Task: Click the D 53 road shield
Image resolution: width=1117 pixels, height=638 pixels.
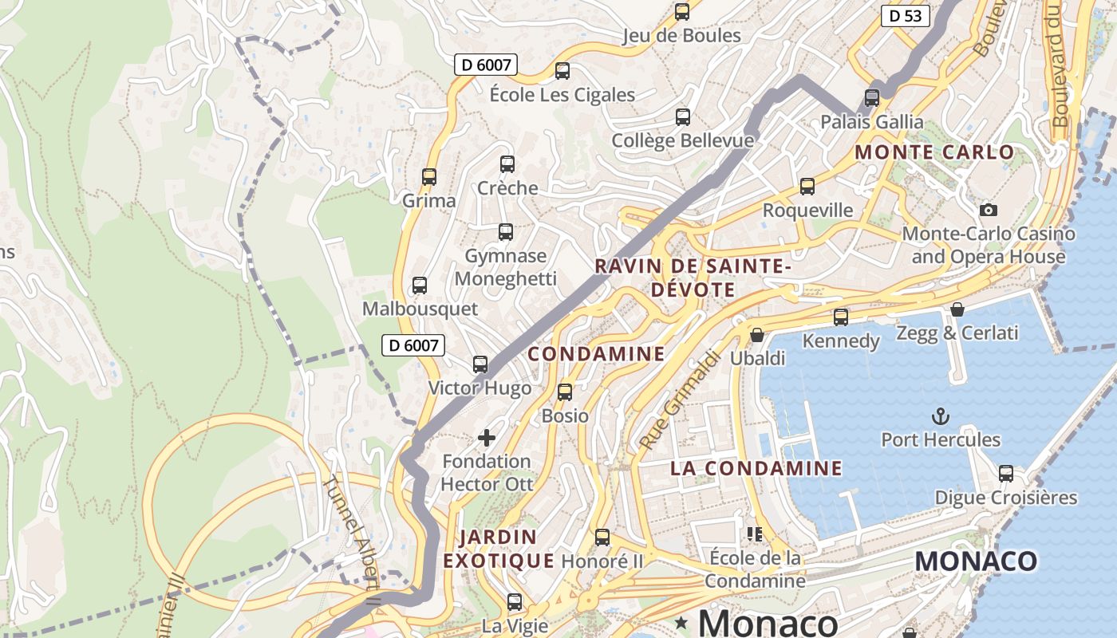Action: point(906,15)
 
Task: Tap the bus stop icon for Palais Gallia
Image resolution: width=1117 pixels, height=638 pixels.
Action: point(872,98)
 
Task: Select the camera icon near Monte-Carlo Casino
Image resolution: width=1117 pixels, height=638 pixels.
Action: point(989,210)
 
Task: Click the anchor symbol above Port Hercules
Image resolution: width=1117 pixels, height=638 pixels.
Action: point(941,415)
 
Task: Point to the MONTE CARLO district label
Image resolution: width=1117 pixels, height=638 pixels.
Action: point(934,152)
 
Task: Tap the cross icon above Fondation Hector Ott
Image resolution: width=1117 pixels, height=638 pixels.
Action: point(487,437)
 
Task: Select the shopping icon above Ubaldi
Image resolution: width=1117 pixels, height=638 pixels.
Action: point(757,335)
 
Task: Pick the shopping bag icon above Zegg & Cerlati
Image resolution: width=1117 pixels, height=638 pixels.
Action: point(957,309)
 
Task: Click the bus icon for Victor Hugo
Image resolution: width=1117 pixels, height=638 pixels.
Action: point(480,364)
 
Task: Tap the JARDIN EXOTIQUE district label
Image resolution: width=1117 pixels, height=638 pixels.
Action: point(499,549)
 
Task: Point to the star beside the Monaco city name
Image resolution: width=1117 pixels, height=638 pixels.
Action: point(681,621)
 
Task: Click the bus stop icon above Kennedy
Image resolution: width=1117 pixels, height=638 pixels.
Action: point(841,317)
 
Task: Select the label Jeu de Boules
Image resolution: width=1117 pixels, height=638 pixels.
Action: point(682,36)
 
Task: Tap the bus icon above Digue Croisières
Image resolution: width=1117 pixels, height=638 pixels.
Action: point(1006,474)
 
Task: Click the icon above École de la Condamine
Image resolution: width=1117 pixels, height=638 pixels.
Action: point(754,534)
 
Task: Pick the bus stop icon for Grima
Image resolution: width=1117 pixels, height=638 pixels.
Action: point(429,177)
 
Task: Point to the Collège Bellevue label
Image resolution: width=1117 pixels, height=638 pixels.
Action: point(682,141)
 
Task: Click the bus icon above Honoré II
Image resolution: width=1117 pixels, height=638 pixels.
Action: point(602,538)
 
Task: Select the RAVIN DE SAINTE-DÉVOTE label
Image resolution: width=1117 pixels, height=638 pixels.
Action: point(693,278)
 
